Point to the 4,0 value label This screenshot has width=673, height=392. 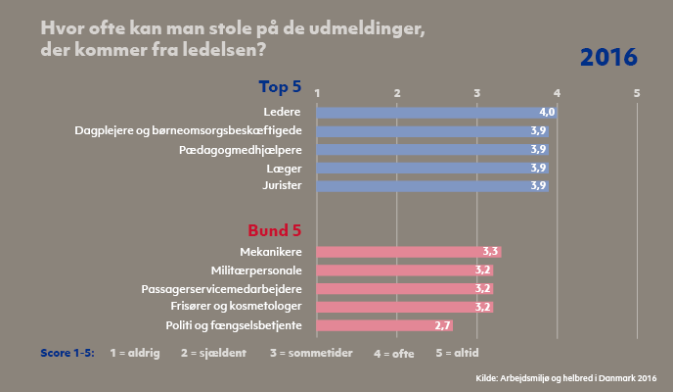547,112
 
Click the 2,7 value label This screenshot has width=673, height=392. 442,325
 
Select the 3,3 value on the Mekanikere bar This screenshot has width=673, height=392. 491,252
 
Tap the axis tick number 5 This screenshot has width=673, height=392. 637,92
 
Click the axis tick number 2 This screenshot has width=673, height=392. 397,92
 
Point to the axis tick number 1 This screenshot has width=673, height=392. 317,92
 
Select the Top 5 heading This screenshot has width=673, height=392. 280,86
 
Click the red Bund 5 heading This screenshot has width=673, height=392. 274,231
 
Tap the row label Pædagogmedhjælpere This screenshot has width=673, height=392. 241,149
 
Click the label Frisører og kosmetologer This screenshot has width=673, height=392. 241,307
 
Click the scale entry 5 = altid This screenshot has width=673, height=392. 463,351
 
